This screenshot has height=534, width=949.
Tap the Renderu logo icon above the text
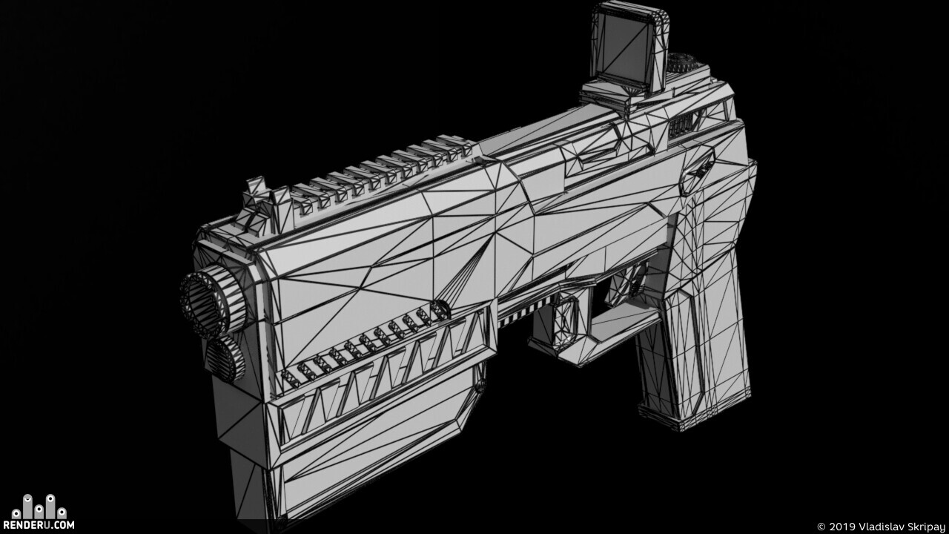[x=39, y=507]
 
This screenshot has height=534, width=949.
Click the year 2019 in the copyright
[x=841, y=527]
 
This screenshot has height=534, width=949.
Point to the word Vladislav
[x=877, y=527]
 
